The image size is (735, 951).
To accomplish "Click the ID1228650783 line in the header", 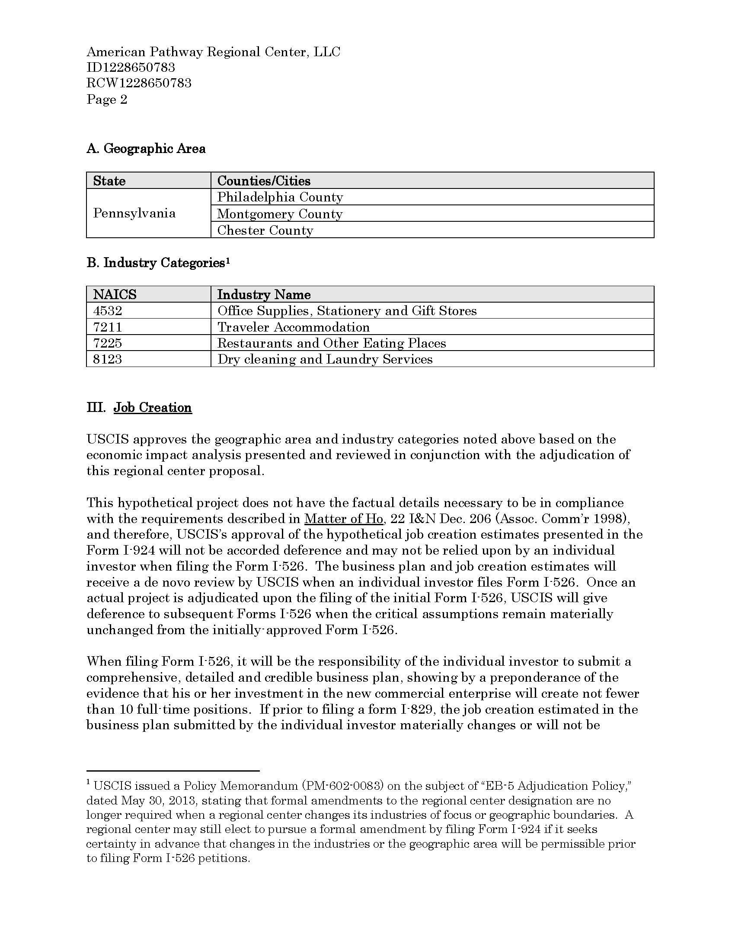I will tap(131, 67).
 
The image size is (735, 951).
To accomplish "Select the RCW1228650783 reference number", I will tap(139, 83).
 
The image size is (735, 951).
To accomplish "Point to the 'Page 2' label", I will tap(107, 100).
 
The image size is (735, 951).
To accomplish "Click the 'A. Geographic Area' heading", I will tap(146, 149).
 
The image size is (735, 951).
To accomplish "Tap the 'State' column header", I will tap(109, 181).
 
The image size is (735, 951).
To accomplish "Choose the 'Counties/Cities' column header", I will tap(264, 181).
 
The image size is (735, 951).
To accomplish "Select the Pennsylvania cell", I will tap(134, 214).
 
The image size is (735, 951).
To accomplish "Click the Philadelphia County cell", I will tap(280, 197).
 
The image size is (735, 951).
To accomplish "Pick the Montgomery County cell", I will tap(280, 214).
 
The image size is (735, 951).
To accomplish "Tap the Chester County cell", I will tap(265, 230).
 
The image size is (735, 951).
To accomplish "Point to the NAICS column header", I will tap(115, 295).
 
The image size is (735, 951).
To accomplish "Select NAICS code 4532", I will tap(108, 311).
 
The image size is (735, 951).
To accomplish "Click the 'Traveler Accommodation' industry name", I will tap(294, 327).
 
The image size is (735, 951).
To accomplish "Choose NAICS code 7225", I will tap(108, 343).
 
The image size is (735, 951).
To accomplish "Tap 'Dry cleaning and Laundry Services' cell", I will tap(325, 359).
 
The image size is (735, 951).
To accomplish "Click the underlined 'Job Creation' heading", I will tap(152, 408).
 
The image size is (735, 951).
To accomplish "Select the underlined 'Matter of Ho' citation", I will tap(344, 519).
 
